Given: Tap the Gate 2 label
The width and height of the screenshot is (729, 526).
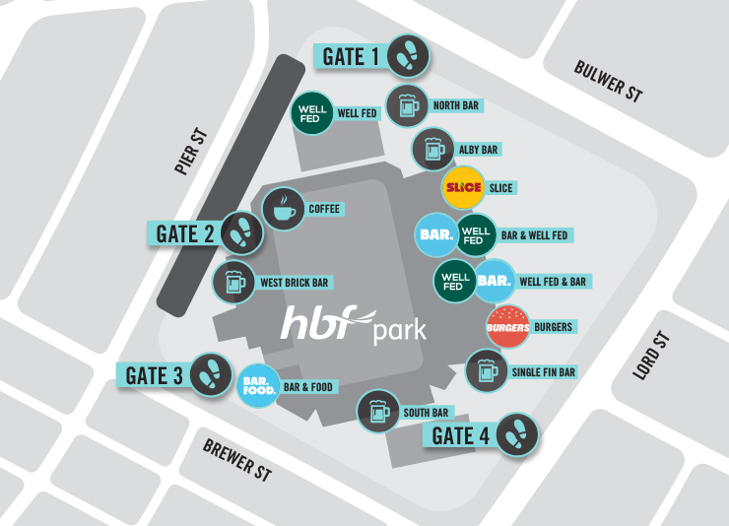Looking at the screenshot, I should click(x=185, y=233).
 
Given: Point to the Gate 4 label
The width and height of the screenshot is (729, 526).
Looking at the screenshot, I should click(x=456, y=434).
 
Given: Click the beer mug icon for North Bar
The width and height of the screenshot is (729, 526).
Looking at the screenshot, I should click(x=405, y=104).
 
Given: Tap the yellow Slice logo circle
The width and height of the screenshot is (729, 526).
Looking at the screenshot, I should click(x=462, y=187).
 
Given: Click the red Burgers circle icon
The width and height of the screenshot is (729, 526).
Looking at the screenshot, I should click(x=507, y=327).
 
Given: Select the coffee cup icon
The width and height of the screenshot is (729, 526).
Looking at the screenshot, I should click(x=283, y=209).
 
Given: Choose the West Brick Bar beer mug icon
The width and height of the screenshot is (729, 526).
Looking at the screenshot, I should click(x=234, y=283).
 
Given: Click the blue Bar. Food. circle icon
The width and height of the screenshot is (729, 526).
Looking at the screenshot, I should click(x=260, y=386).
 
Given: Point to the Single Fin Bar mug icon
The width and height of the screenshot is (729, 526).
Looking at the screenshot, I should click(x=485, y=371).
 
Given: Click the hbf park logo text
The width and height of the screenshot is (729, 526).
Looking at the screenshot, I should click(x=354, y=325).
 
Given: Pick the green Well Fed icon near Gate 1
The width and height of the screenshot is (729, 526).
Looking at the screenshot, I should click(x=310, y=113).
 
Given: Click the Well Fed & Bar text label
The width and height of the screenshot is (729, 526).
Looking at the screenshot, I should click(x=552, y=282).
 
